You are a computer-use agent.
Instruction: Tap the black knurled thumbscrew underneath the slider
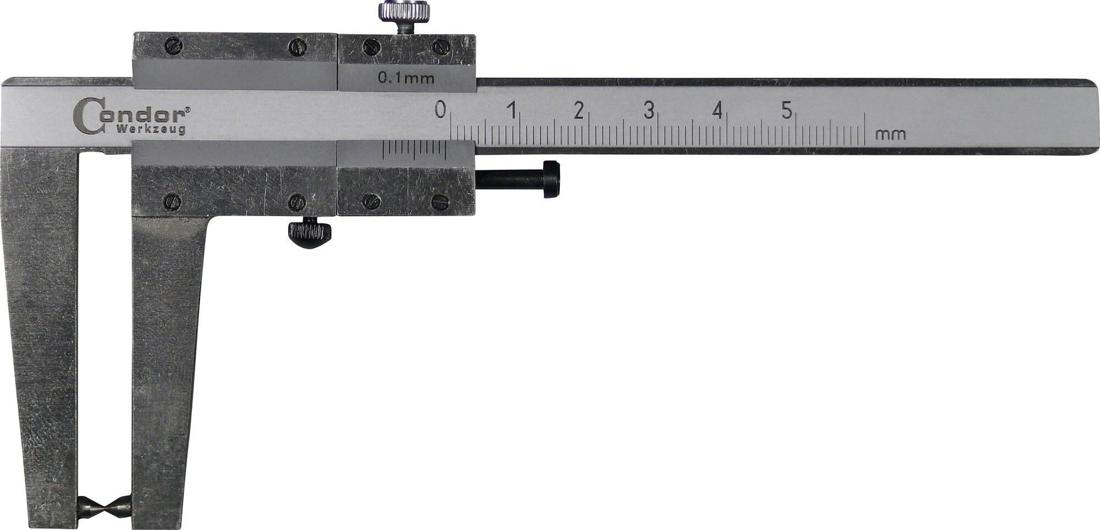(x=310, y=233)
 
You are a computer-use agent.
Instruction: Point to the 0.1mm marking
(x=406, y=78)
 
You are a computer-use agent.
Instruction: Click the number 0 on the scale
(x=440, y=109)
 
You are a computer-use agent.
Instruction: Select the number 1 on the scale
(x=512, y=110)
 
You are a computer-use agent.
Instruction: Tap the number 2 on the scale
(x=578, y=110)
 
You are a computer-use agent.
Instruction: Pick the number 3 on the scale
(x=649, y=110)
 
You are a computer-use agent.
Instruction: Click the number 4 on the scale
(x=717, y=110)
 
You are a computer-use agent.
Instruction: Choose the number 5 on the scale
(x=787, y=110)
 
